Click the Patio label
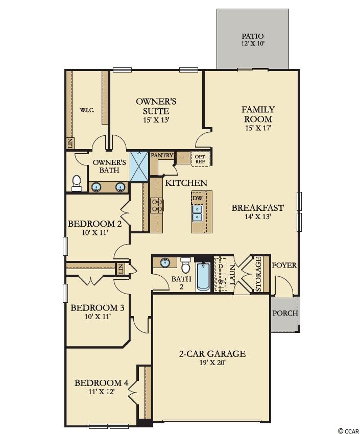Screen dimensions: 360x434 (x=253, y=36)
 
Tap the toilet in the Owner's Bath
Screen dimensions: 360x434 (x=77, y=183)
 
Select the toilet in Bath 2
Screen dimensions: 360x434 (x=185, y=265)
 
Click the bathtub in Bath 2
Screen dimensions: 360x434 (x=203, y=277)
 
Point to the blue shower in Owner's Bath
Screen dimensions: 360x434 (x=139, y=166)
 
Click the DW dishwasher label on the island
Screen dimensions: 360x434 (x=197, y=198)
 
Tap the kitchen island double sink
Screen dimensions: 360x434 (x=198, y=213)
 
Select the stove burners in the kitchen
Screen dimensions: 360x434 (x=157, y=205)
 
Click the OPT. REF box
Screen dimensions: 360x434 (x=200, y=159)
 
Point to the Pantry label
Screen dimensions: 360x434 (x=162, y=155)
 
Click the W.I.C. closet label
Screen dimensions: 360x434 (x=87, y=110)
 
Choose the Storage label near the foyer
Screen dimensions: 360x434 (x=258, y=274)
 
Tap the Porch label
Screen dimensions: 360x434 (x=285, y=313)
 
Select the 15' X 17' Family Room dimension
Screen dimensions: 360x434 (x=257, y=128)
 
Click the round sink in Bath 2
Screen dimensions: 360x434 (x=165, y=262)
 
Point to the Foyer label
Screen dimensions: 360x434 (x=284, y=265)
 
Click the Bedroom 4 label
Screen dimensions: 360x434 (x=101, y=383)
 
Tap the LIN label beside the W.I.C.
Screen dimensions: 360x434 (x=70, y=143)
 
